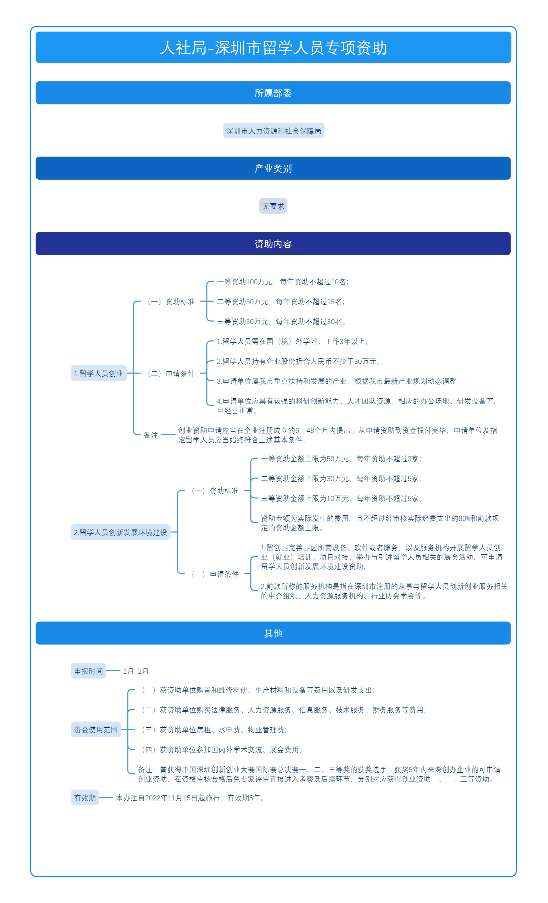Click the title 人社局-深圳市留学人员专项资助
coord(273,47)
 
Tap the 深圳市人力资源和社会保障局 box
coord(274,131)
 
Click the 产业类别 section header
coord(273,168)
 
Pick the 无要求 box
coord(273,206)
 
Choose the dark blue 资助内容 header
coord(273,244)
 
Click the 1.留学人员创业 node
coord(99,374)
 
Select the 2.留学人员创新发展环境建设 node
coord(121,532)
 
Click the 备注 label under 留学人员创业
coord(151,435)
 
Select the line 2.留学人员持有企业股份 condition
coord(298,361)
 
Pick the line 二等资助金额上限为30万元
coord(341,479)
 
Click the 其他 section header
coord(273,633)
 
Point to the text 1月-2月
coord(136,671)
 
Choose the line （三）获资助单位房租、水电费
coord(213,730)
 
